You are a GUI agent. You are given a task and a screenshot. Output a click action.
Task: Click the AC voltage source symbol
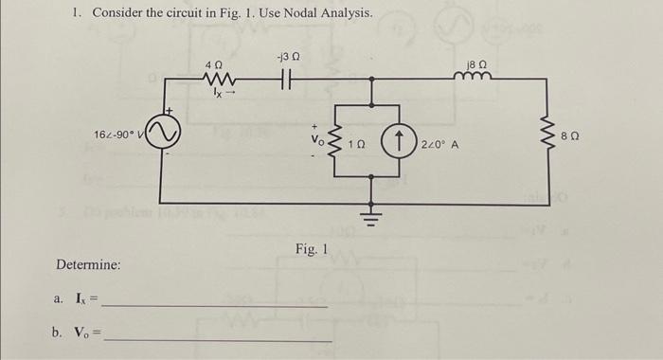(x=163, y=131)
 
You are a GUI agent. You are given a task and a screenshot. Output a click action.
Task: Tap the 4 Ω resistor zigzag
(x=219, y=79)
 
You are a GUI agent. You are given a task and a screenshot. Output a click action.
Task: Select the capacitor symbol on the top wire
(x=286, y=79)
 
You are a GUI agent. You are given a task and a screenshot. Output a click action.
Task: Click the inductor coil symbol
(x=473, y=75)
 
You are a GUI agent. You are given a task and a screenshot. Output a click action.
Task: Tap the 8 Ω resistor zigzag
(x=549, y=136)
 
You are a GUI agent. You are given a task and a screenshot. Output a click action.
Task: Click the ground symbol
(x=371, y=218)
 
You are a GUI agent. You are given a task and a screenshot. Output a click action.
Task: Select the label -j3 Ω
(x=288, y=57)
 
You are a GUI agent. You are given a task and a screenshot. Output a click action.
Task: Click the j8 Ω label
(x=476, y=64)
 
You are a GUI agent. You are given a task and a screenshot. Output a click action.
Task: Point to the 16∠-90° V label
(x=117, y=135)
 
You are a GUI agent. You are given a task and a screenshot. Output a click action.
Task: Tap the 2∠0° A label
(x=439, y=145)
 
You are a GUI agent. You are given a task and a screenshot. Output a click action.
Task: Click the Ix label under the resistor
(x=218, y=92)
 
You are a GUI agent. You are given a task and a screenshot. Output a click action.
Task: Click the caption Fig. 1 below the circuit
(x=312, y=249)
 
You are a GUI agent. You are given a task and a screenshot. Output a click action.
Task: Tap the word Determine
(x=88, y=265)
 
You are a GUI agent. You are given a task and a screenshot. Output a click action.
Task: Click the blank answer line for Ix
(x=215, y=306)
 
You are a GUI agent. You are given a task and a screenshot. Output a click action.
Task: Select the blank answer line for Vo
(x=218, y=340)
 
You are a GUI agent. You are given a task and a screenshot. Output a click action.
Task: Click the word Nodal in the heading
(x=301, y=12)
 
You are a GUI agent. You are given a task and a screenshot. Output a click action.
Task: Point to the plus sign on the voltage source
(x=170, y=111)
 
